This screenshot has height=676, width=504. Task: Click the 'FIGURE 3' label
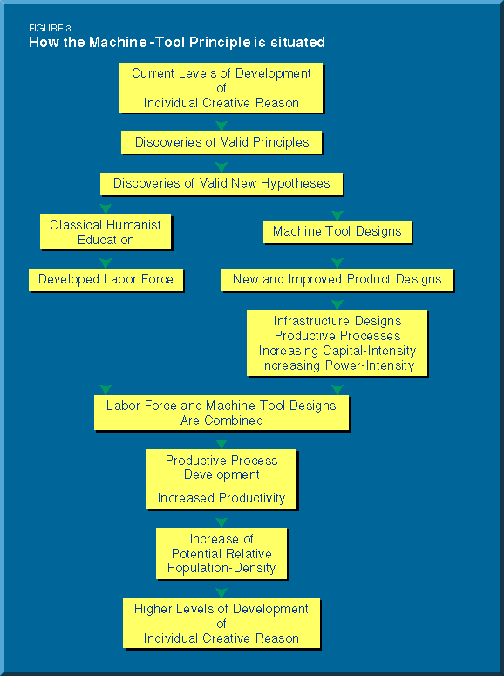(50, 29)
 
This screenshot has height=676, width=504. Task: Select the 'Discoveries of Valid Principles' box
(221, 142)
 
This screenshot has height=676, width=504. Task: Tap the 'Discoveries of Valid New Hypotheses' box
(221, 184)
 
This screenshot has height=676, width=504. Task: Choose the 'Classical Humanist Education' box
(106, 232)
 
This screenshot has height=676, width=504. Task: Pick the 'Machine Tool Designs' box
(337, 232)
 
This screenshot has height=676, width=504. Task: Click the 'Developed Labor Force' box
(106, 280)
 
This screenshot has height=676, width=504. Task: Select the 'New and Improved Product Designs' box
(337, 280)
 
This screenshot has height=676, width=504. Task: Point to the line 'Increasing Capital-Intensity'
(337, 351)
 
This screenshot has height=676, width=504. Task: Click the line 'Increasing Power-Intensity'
(337, 365)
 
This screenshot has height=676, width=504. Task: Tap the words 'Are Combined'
(221, 420)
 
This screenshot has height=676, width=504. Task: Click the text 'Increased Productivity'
(221, 498)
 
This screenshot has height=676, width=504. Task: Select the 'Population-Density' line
(221, 568)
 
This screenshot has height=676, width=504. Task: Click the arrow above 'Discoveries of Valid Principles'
(221, 126)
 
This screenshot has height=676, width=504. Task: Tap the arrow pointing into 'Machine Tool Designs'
(337, 215)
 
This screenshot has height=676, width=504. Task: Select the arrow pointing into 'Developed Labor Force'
(106, 263)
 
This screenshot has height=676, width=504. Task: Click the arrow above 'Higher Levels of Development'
(221, 593)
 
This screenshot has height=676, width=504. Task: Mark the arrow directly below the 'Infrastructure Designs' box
(337, 390)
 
